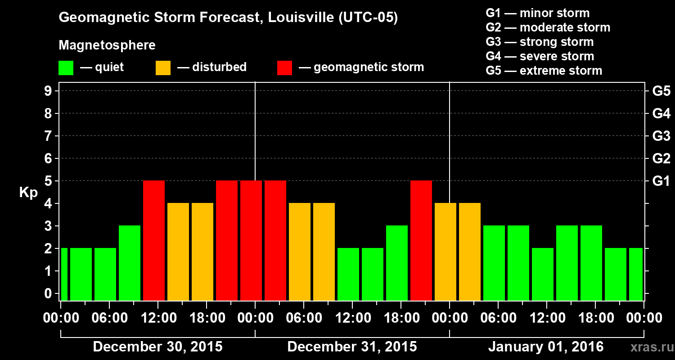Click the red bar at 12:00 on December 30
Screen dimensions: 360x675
coord(154,240)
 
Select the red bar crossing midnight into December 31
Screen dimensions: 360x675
coord(251,240)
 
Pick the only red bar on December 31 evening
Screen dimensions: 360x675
coord(421,240)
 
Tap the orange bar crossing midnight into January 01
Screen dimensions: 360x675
coord(445,252)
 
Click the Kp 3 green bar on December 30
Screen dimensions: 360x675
coord(130,263)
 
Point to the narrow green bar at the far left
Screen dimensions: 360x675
coord(64,274)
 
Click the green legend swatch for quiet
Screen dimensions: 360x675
coord(66,67)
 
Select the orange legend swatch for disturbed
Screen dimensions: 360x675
coord(163,67)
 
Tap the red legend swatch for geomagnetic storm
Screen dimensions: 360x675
coord(284,67)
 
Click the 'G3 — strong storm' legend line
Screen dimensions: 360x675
coord(540,42)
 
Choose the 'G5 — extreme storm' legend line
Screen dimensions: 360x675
coord(544,71)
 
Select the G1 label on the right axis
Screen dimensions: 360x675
coord(661,181)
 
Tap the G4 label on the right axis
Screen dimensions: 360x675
coord(661,113)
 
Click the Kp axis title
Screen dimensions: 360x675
coord(28,193)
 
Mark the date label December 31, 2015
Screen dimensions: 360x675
coord(352,347)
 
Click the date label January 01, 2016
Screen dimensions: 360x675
coord(546,347)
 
